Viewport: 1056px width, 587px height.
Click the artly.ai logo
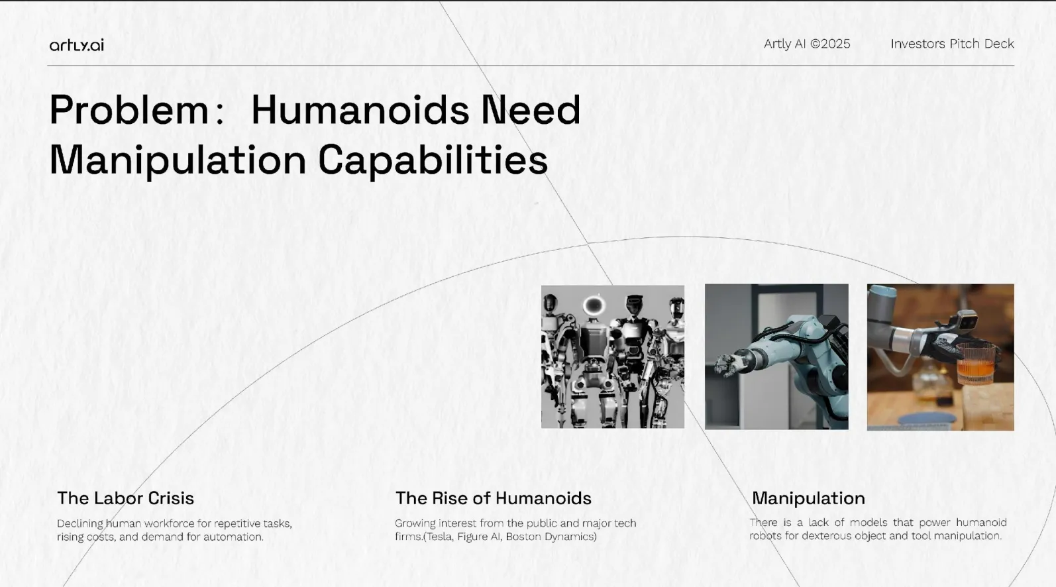76,45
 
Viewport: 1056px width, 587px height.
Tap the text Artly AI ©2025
806,44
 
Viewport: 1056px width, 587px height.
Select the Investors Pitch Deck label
951,44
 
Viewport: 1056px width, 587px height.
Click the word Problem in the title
129,110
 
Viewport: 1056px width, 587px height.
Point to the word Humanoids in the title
360,110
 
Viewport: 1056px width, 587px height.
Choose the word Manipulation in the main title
178,160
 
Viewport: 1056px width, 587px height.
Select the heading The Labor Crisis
125,498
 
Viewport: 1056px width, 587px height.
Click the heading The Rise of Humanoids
493,498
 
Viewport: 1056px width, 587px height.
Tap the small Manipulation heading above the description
808,498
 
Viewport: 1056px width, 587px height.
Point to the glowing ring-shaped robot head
594,305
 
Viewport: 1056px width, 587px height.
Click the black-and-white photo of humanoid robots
612,356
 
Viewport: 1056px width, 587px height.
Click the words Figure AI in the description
479,537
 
